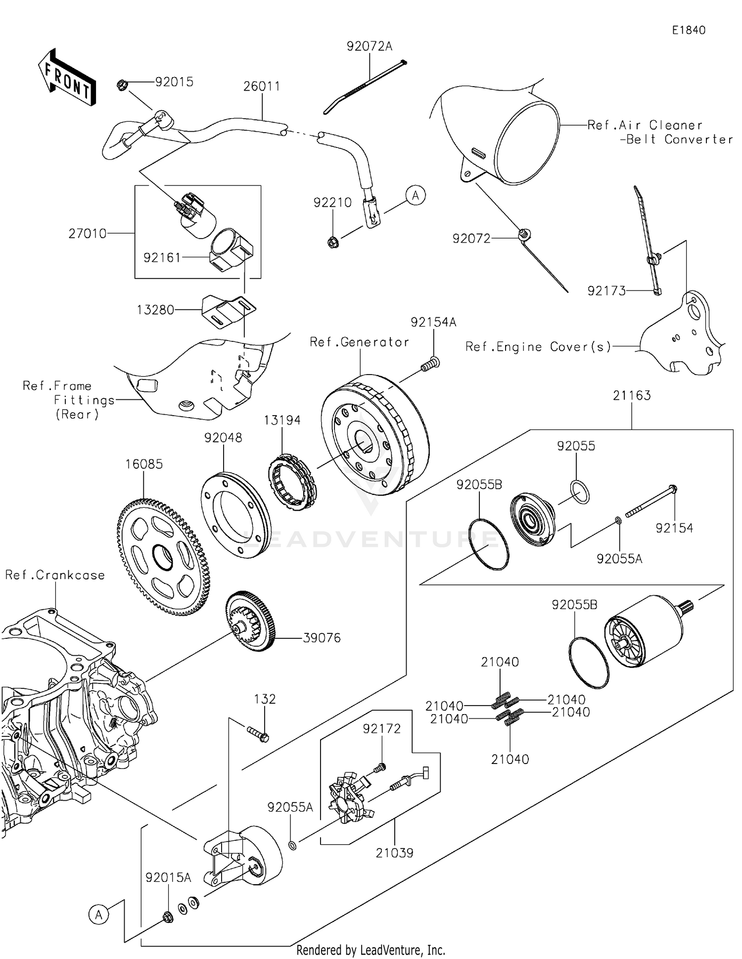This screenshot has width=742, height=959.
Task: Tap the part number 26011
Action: (262, 87)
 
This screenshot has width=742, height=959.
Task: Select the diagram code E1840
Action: (688, 30)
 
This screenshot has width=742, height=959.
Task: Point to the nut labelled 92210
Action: (333, 242)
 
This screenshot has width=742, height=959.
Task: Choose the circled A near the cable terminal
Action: (416, 196)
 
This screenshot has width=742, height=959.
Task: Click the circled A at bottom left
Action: (99, 914)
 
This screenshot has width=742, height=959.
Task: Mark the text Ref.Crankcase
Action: (55, 575)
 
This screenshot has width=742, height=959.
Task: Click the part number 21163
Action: (632, 395)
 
